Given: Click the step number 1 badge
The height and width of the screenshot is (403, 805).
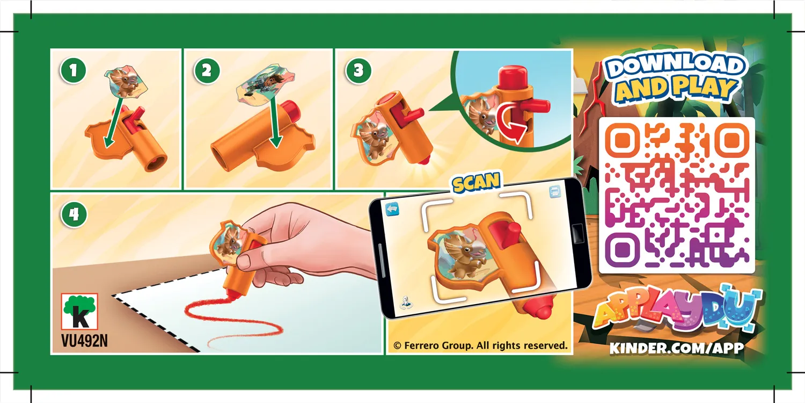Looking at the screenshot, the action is (x=74, y=70).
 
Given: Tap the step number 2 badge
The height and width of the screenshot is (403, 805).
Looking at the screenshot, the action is (x=207, y=70).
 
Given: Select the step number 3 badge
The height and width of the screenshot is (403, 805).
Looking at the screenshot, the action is (x=358, y=70).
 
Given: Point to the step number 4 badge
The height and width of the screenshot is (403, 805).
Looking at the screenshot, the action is (x=74, y=214).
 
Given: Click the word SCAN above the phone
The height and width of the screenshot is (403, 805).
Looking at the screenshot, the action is (x=476, y=182).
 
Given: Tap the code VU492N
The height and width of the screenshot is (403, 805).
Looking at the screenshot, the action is (x=84, y=341).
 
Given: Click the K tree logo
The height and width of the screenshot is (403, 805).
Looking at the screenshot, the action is (x=79, y=311).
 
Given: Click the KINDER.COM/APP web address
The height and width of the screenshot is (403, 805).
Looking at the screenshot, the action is (x=677, y=348).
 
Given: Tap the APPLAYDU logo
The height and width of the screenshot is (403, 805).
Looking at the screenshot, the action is (x=677, y=310).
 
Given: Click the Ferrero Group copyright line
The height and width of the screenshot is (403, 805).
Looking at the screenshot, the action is (x=480, y=346).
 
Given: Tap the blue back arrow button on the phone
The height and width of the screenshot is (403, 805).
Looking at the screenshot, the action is (x=392, y=208).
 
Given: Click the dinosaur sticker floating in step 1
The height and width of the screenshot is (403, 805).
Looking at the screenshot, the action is (x=126, y=81).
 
